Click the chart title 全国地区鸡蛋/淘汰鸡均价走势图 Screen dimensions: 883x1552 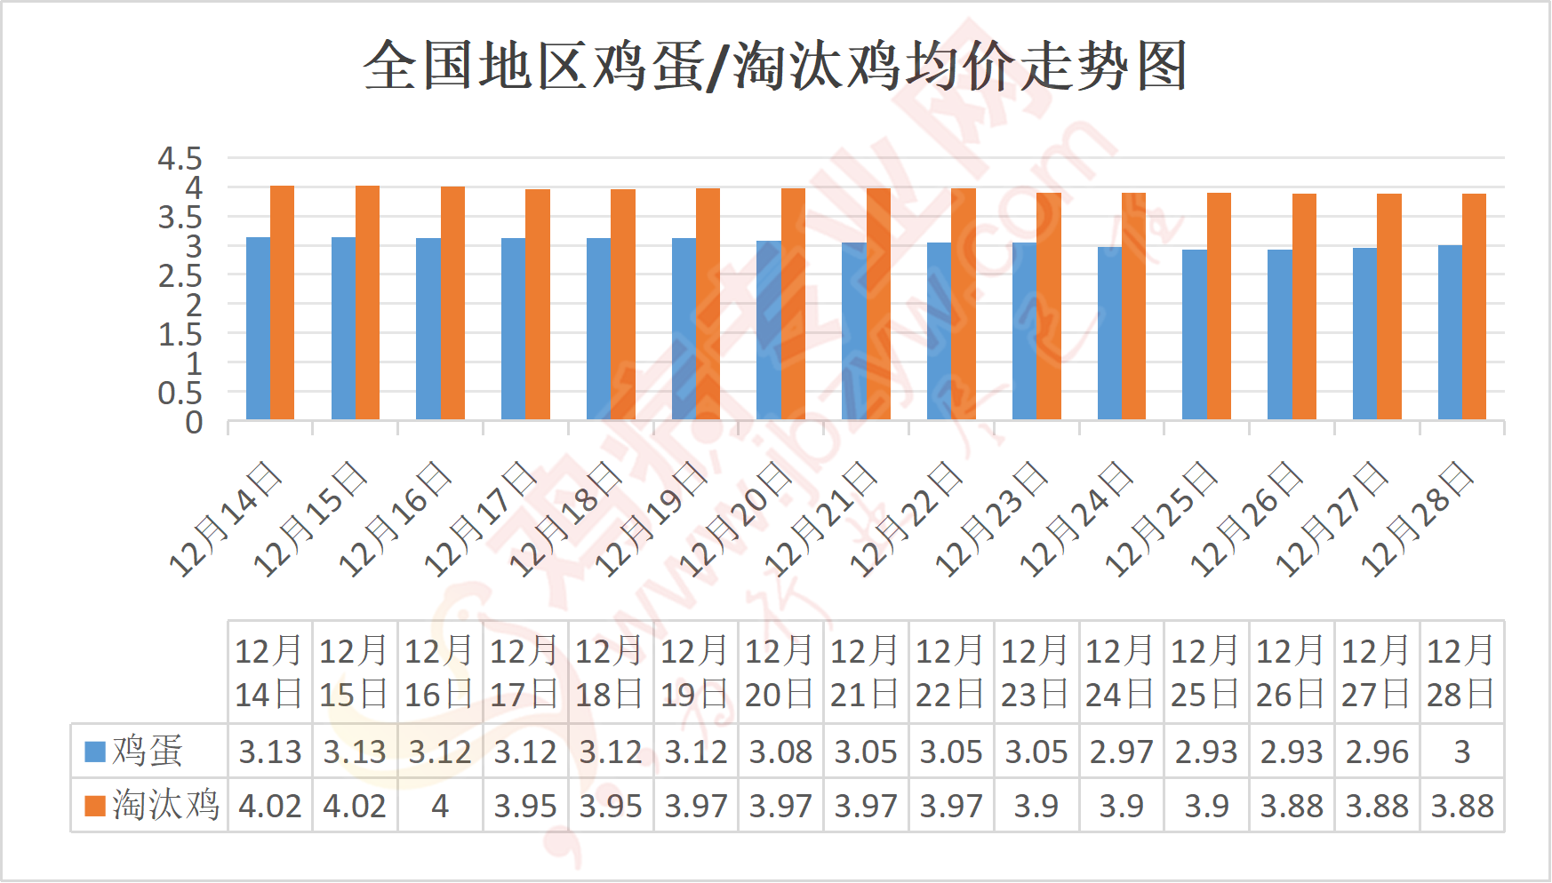pyautogui.click(x=775, y=66)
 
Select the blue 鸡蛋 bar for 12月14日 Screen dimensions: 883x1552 pyautogui.click(x=258, y=329)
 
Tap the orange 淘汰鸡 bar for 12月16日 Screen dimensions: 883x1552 pyautogui.click(x=452, y=303)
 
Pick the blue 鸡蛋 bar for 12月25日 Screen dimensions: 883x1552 pyautogui.click(x=1194, y=335)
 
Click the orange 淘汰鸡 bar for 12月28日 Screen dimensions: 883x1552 pyautogui.click(x=1474, y=306)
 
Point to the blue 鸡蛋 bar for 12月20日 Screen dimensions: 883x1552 pyautogui.click(x=769, y=330)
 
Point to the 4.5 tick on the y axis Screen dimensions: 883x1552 pyautogui.click(x=180, y=159)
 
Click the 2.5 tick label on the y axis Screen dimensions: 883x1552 pyautogui.click(x=180, y=276)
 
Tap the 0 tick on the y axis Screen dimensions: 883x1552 pyautogui.click(x=193, y=423)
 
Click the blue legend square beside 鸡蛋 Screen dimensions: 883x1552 pyautogui.click(x=94, y=752)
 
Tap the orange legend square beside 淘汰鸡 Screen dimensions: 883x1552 pyautogui.click(x=94, y=806)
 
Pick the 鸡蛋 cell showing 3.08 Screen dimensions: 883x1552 pyautogui.click(x=780, y=752)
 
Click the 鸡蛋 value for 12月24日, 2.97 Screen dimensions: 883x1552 pyautogui.click(x=1121, y=752)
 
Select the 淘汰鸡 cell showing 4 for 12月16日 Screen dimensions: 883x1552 pyautogui.click(x=440, y=807)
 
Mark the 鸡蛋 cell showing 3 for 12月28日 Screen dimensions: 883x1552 pyautogui.click(x=1461, y=752)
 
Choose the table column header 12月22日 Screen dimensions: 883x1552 pyautogui.click(x=950, y=672)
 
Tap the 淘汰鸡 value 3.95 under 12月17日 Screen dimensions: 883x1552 pyautogui.click(x=525, y=807)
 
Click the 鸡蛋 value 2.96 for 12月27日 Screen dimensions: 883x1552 pyautogui.click(x=1376, y=752)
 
